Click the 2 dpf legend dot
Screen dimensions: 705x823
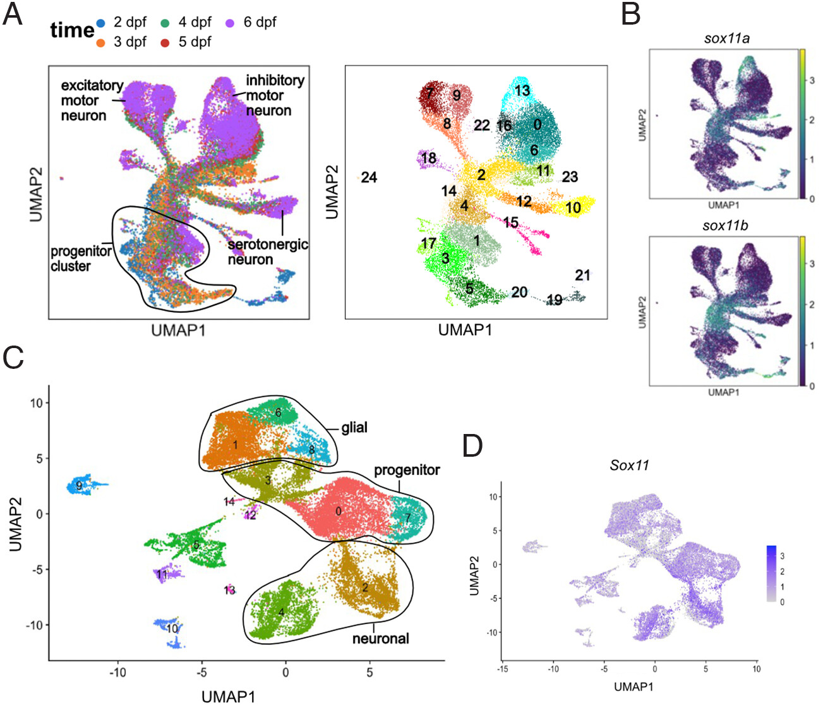(x=100, y=24)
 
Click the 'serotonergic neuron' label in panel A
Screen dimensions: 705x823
(x=267, y=251)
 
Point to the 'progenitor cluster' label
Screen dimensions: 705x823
(x=80, y=258)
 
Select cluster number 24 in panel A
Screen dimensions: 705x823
(x=369, y=178)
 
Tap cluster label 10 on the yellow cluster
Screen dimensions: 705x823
(x=573, y=207)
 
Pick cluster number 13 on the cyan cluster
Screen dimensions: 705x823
(x=522, y=90)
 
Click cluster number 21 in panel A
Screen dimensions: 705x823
(x=582, y=275)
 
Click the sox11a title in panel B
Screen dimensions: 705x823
(x=726, y=38)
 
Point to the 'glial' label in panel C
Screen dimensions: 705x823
(x=354, y=428)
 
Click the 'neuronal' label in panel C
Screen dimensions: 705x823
(x=380, y=639)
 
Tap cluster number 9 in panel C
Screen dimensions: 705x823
(x=79, y=486)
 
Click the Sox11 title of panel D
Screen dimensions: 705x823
(x=629, y=466)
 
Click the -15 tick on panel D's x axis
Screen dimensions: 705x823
(x=502, y=668)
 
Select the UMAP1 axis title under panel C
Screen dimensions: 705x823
(x=228, y=696)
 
